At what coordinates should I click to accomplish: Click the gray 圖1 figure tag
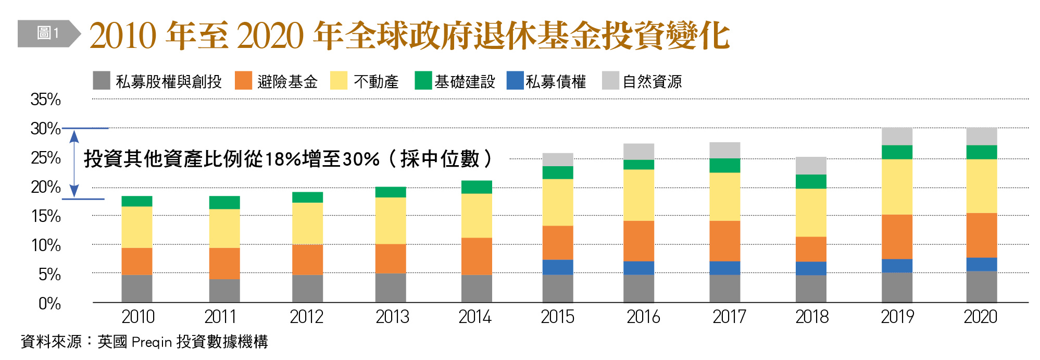(48, 34)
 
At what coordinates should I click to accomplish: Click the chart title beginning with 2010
(409, 35)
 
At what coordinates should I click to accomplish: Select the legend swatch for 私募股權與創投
(102, 81)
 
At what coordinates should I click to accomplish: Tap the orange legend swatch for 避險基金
(243, 81)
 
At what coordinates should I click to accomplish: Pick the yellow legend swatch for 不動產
(339, 81)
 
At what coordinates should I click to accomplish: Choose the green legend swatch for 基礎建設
(423, 81)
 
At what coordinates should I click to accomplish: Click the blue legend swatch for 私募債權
(515, 81)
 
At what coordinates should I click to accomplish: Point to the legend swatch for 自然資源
(610, 81)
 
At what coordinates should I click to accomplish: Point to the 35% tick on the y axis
(46, 100)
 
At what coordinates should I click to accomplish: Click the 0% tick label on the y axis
(49, 304)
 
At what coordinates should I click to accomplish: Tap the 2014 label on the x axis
(475, 317)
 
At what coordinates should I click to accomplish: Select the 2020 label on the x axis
(981, 317)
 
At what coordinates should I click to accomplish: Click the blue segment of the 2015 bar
(558, 267)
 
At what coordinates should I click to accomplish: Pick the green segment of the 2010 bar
(137, 201)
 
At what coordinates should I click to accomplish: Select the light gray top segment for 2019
(897, 136)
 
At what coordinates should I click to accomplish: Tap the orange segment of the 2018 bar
(811, 249)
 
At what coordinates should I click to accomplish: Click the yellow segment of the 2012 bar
(307, 223)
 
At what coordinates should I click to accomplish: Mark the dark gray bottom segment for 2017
(724, 288)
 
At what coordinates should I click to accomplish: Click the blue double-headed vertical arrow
(74, 164)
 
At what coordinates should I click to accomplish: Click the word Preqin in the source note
(152, 342)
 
